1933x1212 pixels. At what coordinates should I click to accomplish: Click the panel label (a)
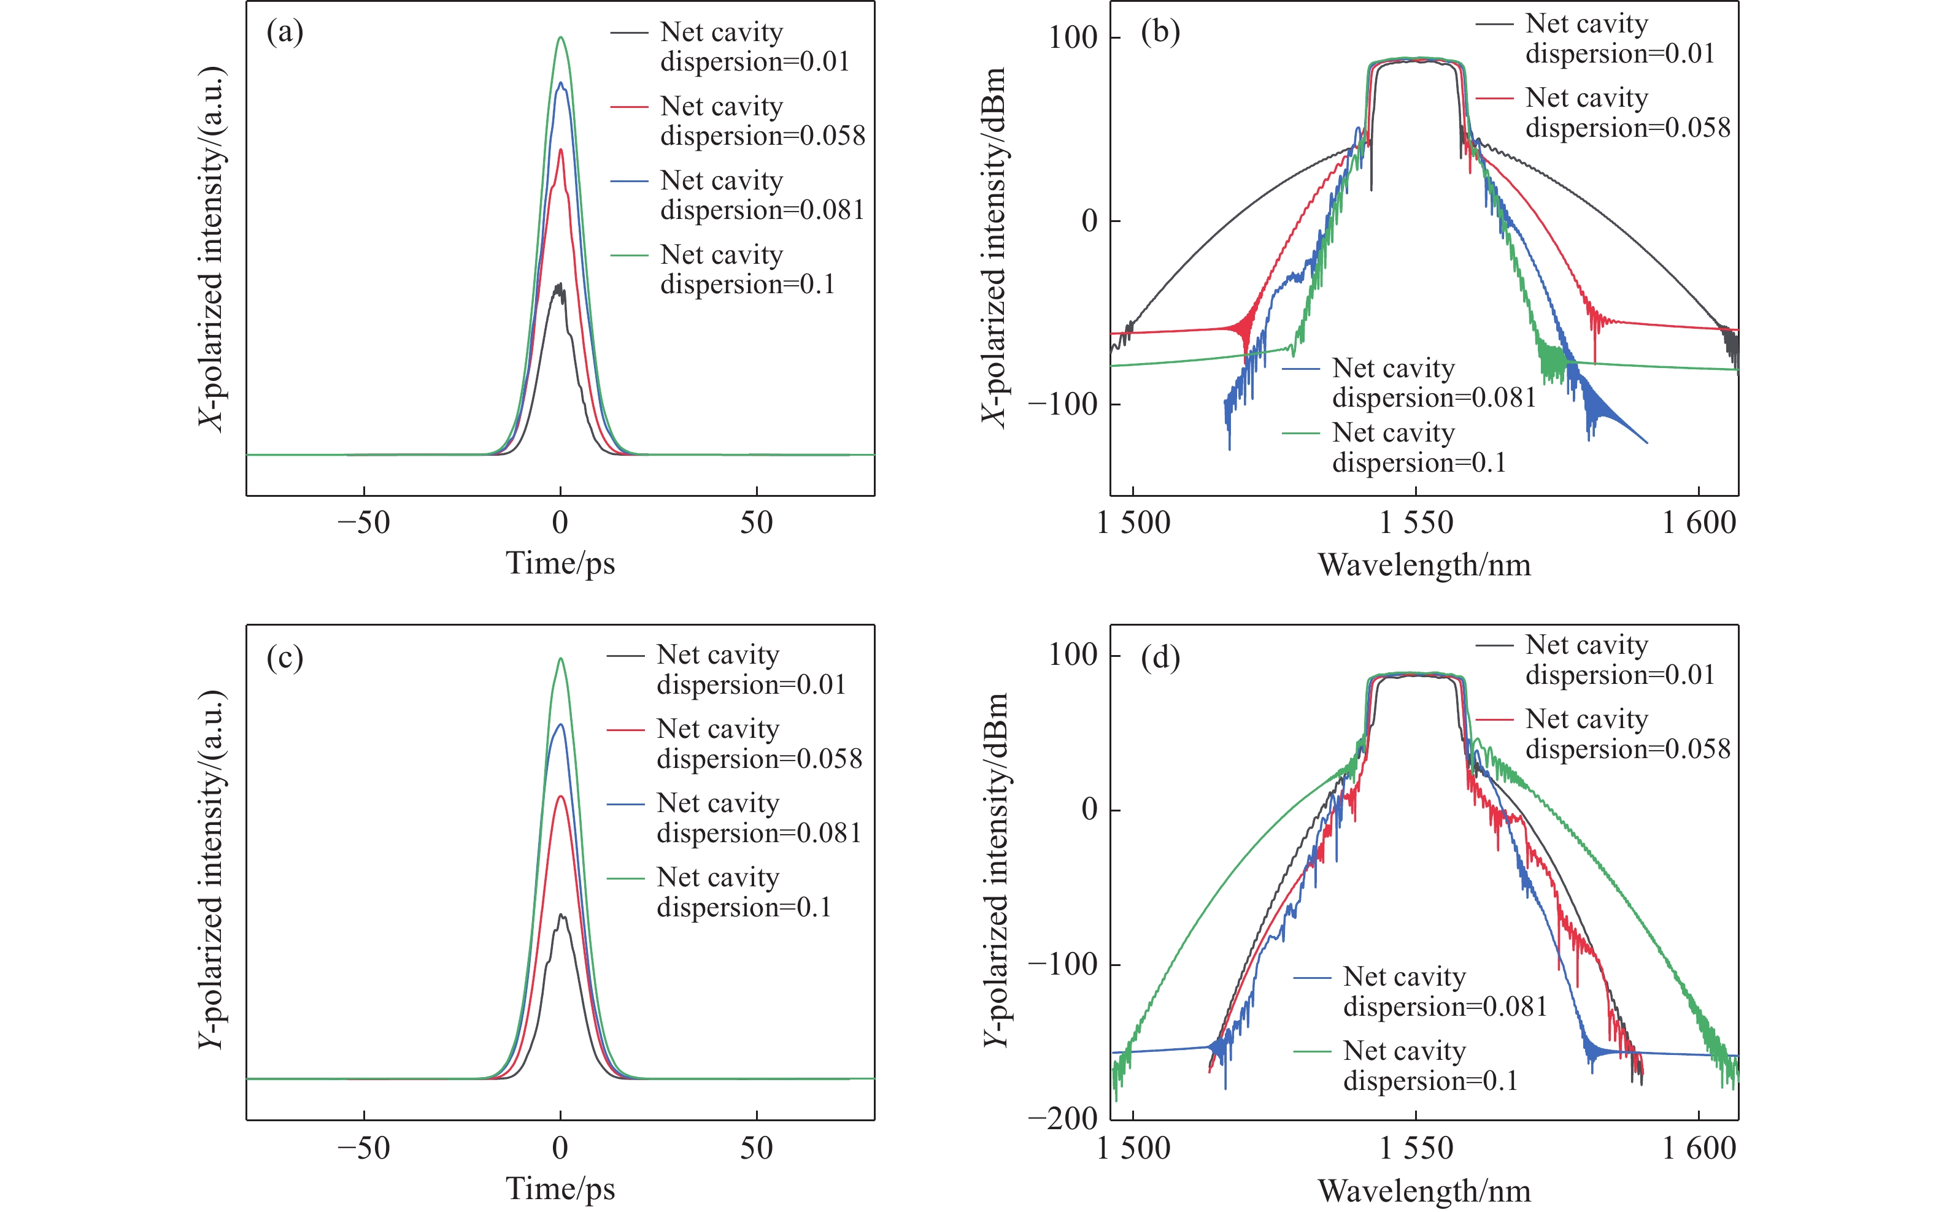coord(285,33)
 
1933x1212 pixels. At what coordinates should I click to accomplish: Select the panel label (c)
coord(285,658)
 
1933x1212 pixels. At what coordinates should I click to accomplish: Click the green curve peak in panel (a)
coord(561,37)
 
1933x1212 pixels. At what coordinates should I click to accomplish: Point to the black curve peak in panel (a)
coord(560,285)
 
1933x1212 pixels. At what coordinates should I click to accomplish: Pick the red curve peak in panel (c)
coord(560,796)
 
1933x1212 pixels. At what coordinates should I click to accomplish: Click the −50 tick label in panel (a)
coord(363,523)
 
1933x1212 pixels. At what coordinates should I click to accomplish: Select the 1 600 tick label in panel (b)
coord(1698,523)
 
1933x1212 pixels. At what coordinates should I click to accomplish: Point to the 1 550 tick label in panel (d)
coord(1416,1148)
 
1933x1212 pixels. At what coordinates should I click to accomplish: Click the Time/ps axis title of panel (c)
coord(560,1188)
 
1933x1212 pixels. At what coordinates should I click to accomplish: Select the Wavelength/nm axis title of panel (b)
coord(1424,565)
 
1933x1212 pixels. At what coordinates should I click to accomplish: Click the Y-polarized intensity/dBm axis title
coord(995,870)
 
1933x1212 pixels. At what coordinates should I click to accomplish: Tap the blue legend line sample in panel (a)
coord(630,181)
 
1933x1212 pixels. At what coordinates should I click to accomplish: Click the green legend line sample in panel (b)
coord(1300,434)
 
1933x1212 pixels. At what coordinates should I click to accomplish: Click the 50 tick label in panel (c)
coord(756,1148)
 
